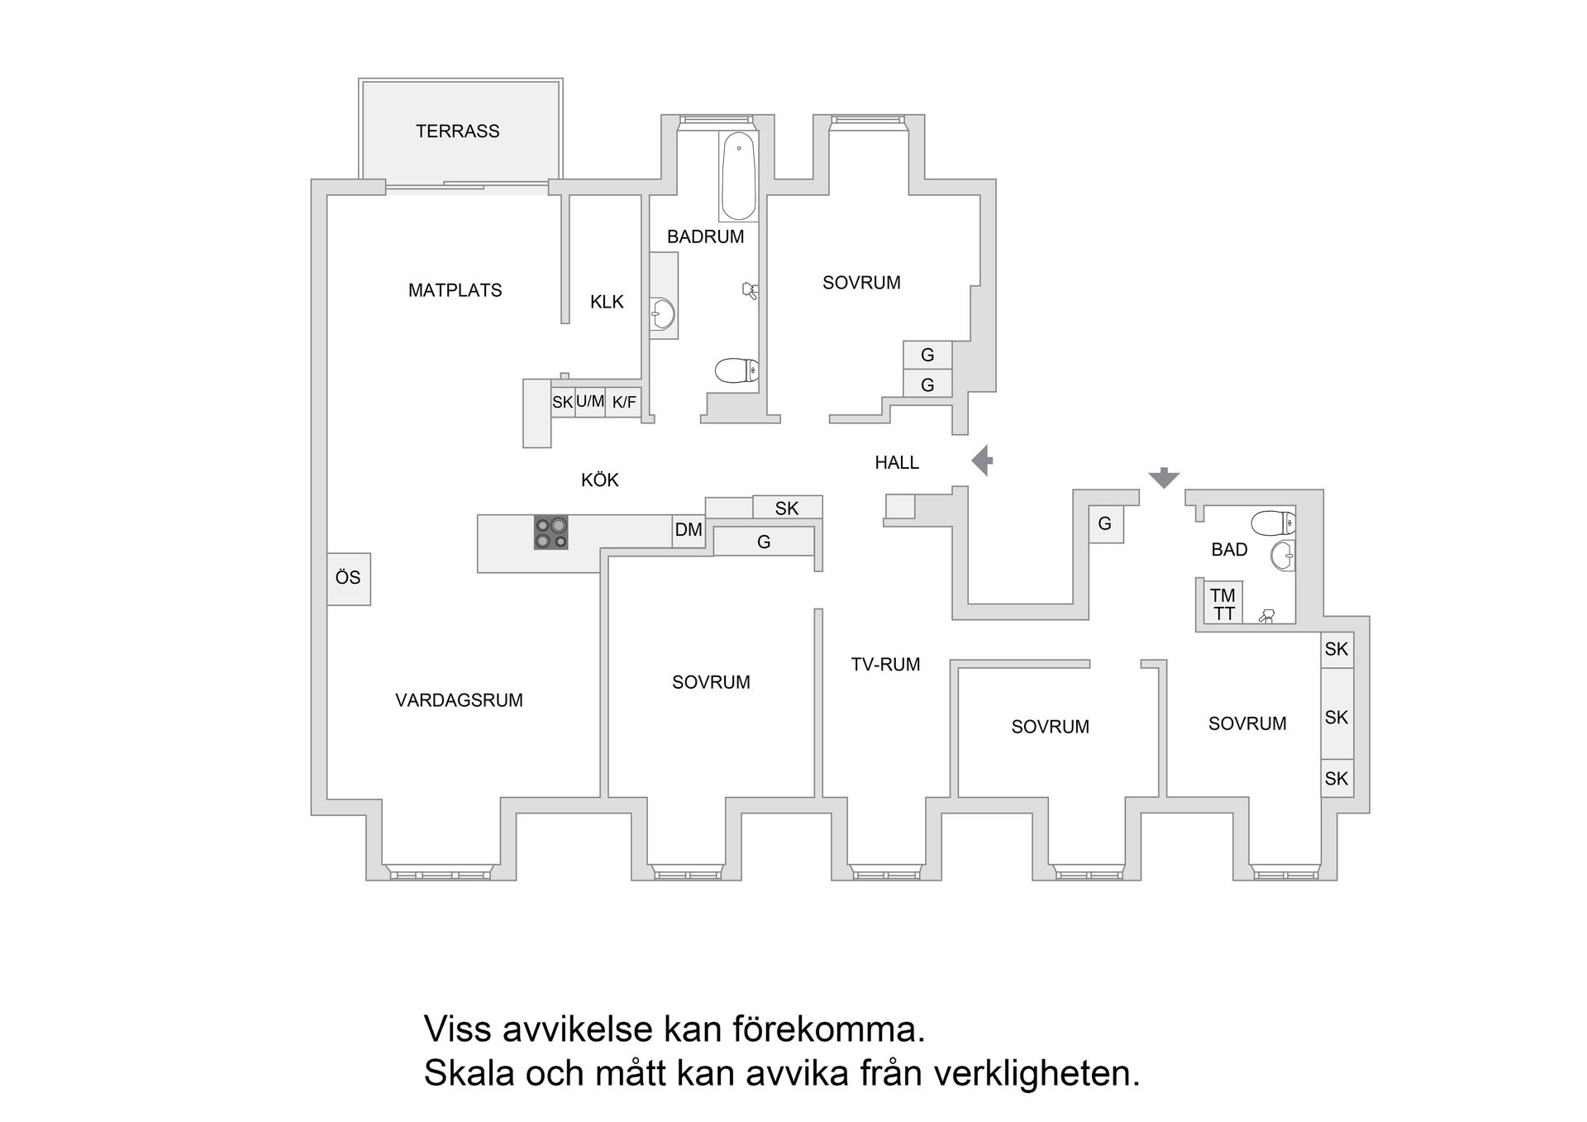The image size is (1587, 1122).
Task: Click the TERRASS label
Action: (457, 131)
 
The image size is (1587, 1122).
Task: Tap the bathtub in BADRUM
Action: (738, 175)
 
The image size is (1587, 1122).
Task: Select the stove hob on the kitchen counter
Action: (550, 532)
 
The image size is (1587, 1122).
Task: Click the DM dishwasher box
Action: (688, 530)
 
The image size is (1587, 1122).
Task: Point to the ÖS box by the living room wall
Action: (348, 578)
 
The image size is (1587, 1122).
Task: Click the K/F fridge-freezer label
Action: (624, 403)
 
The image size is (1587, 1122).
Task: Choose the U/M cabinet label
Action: (589, 402)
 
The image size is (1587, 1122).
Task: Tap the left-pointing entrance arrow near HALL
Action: (982, 461)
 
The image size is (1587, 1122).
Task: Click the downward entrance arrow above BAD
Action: (1164, 477)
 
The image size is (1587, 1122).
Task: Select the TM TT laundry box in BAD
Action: (1222, 604)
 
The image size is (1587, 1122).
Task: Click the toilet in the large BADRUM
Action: (736, 370)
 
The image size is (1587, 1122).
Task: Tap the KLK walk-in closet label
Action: (607, 302)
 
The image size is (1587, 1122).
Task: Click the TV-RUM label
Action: (885, 664)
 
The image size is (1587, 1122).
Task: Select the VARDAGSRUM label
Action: (459, 700)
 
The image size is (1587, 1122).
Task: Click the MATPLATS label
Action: (455, 290)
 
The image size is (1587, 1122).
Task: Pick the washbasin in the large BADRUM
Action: (662, 313)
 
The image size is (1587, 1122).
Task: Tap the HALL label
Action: (897, 462)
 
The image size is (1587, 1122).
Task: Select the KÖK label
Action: (599, 480)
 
